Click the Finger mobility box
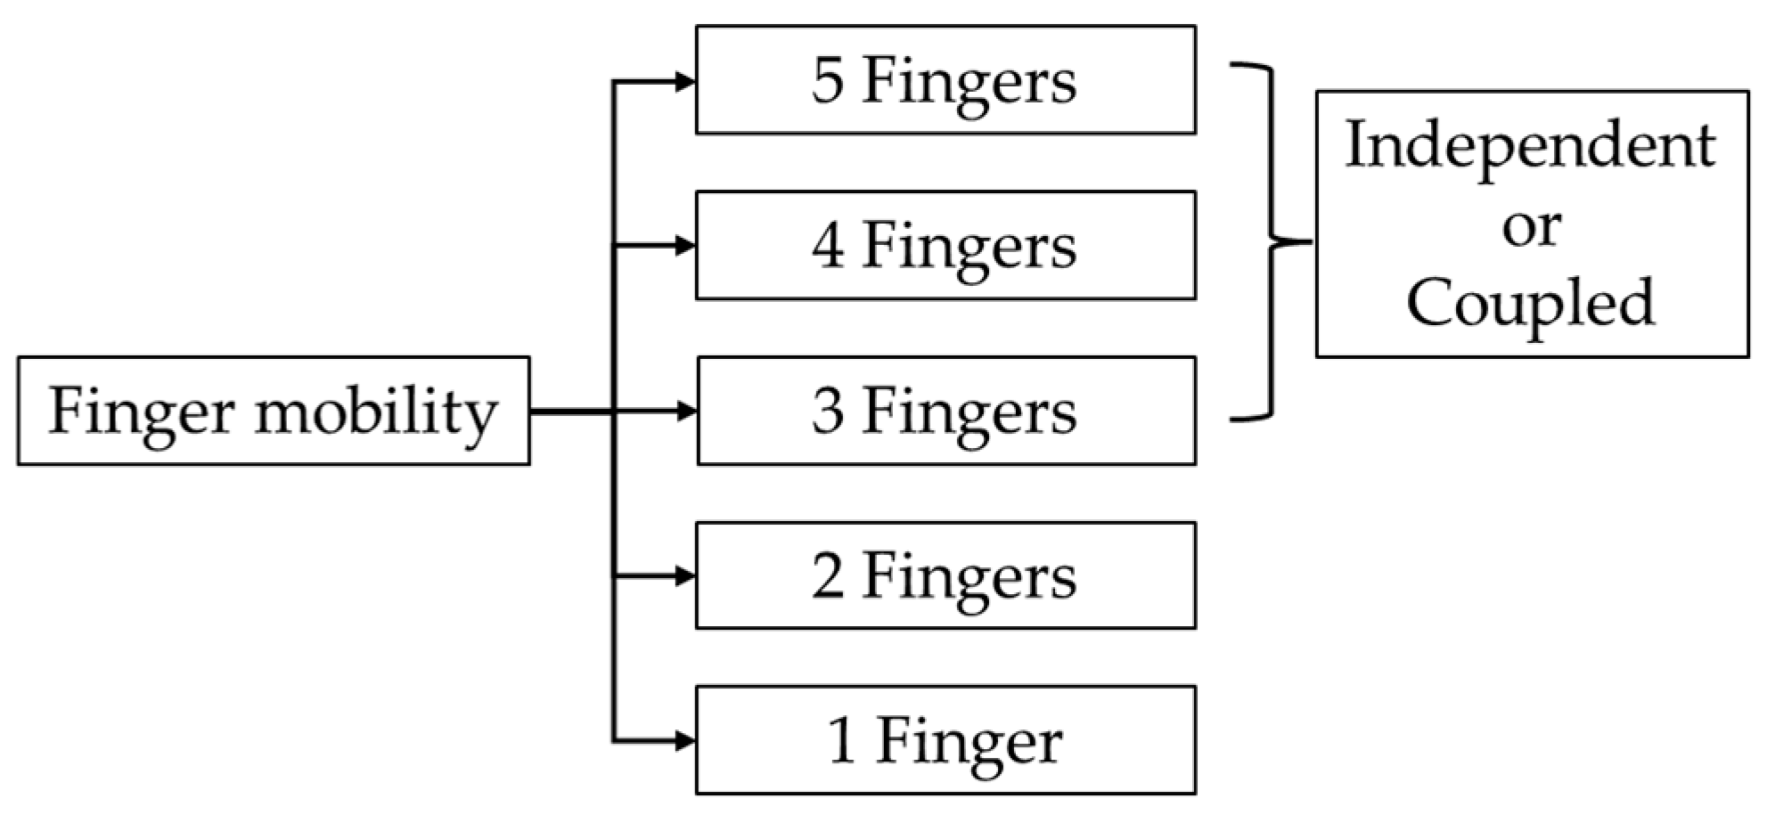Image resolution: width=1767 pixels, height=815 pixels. pyautogui.click(x=273, y=411)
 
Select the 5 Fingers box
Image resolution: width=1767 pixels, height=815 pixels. pyautogui.click(x=945, y=80)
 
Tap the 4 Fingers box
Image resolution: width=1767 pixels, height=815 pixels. pyautogui.click(x=945, y=245)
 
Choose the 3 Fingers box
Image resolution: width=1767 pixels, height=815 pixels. pyautogui.click(x=945, y=411)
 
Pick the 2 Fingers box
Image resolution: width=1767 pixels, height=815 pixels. pyautogui.click(x=945, y=575)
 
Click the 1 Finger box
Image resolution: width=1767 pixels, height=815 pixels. pyautogui.click(x=945, y=740)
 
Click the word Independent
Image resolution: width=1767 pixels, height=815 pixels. pyautogui.click(x=1530, y=145)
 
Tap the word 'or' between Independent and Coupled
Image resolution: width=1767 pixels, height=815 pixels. pyautogui.click(x=1531, y=228)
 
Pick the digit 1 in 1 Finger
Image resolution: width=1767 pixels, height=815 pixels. pyautogui.click(x=842, y=740)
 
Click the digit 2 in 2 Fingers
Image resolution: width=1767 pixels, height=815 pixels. pyautogui.click(x=827, y=576)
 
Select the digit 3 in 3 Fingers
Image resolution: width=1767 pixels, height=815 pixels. pyautogui.click(x=827, y=412)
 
